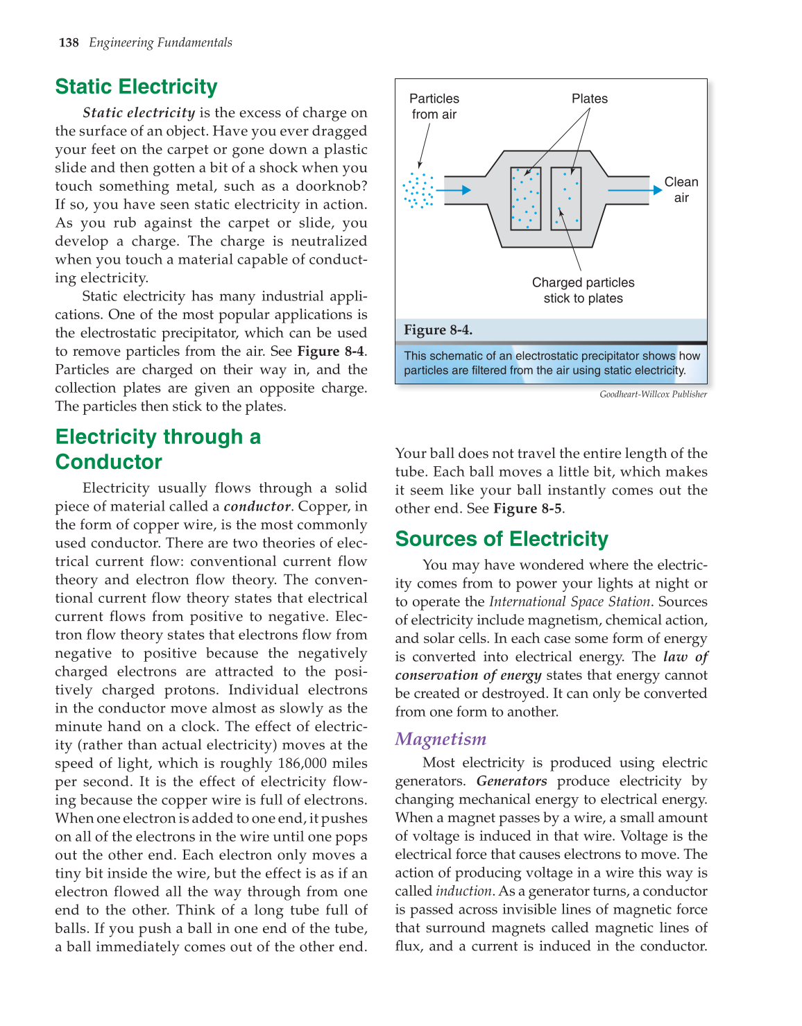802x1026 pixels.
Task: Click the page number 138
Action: coord(69,43)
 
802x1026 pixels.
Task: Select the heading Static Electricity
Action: coord(136,87)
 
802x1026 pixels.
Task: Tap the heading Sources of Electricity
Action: coord(501,539)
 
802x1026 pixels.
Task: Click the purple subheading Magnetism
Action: coord(441,739)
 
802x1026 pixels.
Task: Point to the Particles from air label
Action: coord(434,106)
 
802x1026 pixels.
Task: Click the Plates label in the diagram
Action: coord(589,99)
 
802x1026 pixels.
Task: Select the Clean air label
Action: coord(681,189)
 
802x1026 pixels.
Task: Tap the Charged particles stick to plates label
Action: coord(583,291)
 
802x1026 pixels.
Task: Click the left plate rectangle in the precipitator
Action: coord(525,198)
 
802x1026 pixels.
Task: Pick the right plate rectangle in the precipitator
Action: coord(566,198)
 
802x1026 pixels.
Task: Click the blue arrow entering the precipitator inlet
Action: coord(455,190)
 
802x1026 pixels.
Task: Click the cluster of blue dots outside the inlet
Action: coord(418,190)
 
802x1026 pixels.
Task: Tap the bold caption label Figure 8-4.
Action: coord(438,330)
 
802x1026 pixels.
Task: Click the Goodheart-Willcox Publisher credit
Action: coord(653,395)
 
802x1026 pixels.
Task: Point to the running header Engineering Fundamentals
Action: coord(160,43)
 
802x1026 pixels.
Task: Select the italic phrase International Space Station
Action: coord(569,602)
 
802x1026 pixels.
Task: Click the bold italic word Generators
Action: coord(511,781)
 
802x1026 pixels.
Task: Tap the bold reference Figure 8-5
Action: coord(527,508)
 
